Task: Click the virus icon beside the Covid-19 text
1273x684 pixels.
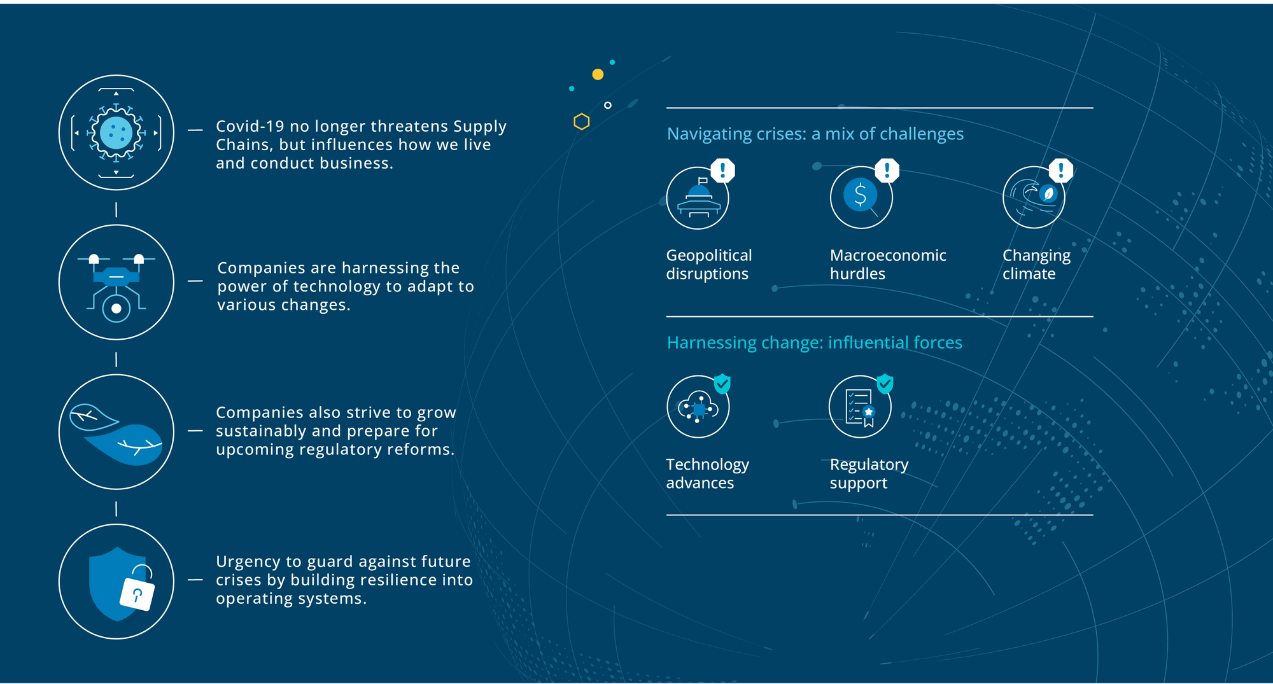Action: (x=116, y=132)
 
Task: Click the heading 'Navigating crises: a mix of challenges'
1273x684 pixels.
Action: (x=815, y=134)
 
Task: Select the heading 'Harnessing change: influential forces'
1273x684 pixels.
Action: (x=814, y=343)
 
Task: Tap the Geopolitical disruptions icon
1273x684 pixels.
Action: (x=698, y=198)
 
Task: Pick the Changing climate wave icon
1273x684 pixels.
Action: (x=1034, y=197)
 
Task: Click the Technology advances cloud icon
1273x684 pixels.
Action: (x=698, y=407)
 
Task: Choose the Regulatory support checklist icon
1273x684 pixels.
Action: (x=860, y=407)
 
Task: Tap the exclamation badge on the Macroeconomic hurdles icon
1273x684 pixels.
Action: (x=887, y=170)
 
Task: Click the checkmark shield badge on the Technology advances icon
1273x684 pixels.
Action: (x=722, y=384)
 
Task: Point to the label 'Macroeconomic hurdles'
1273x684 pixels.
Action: (x=888, y=265)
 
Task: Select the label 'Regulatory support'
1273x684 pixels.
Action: (x=869, y=474)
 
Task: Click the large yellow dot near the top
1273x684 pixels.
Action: (x=598, y=74)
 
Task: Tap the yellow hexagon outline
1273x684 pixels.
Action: (x=581, y=122)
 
